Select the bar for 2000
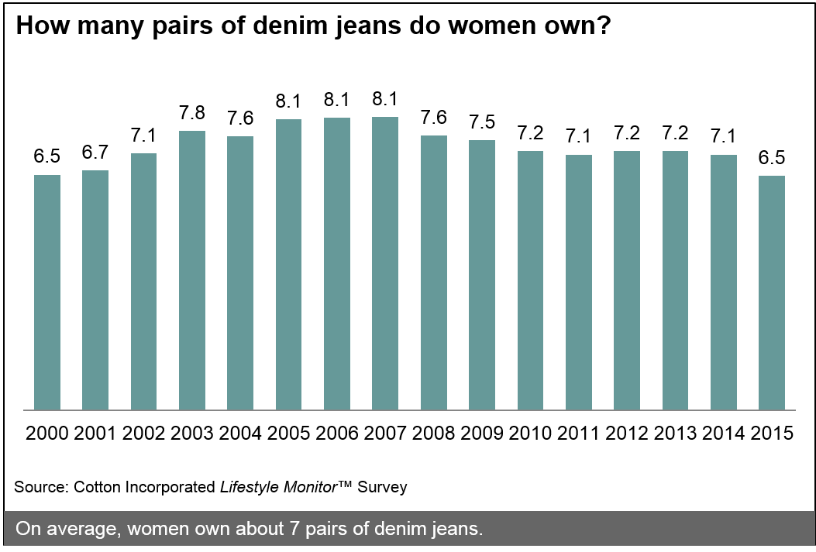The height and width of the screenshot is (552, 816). click(47, 292)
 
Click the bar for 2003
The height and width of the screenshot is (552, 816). click(192, 270)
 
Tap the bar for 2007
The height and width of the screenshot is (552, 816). click(385, 263)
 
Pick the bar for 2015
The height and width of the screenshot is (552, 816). click(772, 293)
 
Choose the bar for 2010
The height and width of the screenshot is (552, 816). click(530, 280)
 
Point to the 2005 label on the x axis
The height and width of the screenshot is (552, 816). click(288, 433)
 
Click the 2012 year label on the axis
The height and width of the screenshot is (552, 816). click(626, 433)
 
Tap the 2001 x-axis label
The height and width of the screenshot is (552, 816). click(95, 433)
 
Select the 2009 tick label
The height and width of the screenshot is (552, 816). click(482, 433)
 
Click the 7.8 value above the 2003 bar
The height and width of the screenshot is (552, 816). click(192, 113)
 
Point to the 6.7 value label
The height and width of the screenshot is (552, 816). click(95, 153)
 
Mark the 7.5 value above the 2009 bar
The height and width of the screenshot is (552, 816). click(482, 122)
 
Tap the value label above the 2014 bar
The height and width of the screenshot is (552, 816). click(723, 137)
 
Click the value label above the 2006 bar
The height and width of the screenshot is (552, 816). click(337, 100)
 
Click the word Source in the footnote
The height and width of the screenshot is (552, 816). click(40, 487)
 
